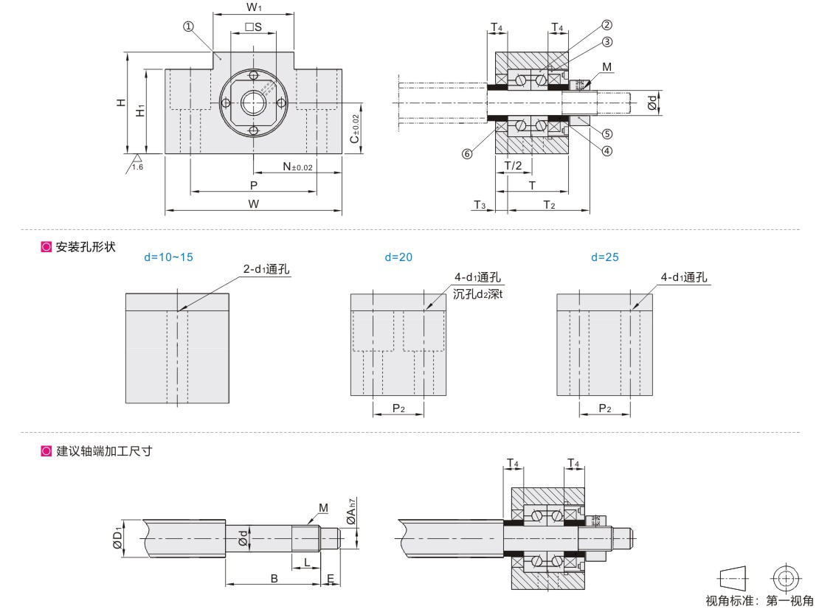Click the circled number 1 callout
point(189,26)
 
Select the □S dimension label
point(254,27)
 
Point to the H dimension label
point(121,103)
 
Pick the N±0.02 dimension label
point(298,167)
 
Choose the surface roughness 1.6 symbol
point(136,164)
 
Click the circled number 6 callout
point(466,153)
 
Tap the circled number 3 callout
point(607,41)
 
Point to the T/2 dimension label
point(513,166)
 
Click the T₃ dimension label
point(480,204)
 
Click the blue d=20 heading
point(398,257)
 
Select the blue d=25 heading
point(605,257)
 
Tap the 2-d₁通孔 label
point(266,270)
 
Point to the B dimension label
point(274,579)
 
